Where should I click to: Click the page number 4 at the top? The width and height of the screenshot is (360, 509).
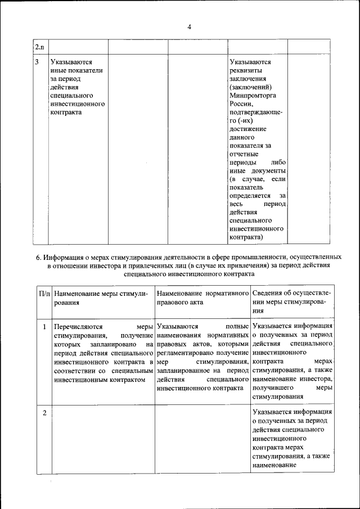190,26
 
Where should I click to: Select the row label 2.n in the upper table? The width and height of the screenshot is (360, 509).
38,46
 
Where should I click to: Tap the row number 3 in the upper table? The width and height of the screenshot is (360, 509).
37,62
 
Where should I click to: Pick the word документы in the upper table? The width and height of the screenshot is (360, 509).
267,170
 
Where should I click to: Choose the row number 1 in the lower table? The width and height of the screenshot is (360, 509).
44,326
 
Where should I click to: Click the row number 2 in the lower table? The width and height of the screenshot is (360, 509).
44,414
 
